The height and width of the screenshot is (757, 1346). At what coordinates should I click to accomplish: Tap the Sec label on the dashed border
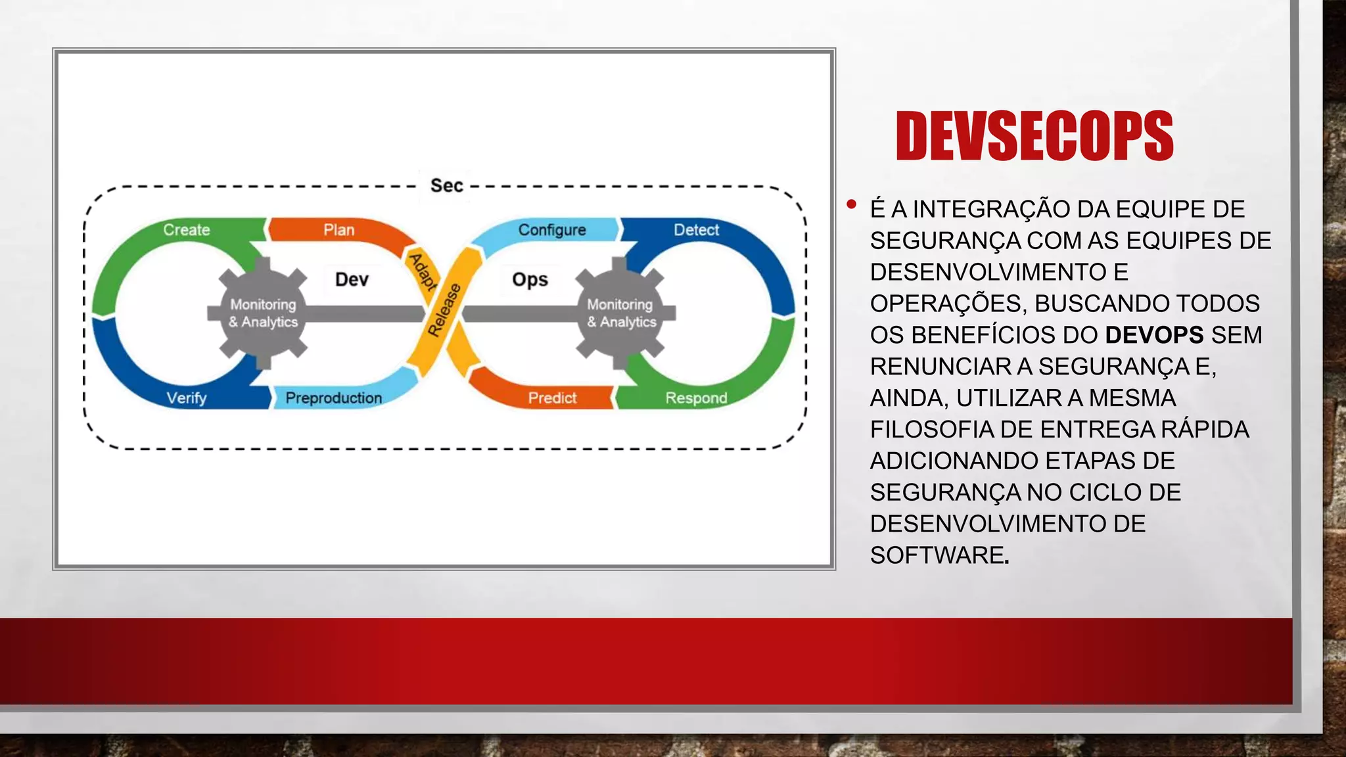click(x=446, y=186)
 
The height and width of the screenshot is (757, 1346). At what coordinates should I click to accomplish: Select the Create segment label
click(x=187, y=230)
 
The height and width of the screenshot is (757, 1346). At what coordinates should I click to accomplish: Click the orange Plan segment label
click(x=338, y=230)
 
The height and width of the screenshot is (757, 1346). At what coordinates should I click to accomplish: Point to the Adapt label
click(x=423, y=271)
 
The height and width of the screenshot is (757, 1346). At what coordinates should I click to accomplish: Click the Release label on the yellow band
click(x=444, y=310)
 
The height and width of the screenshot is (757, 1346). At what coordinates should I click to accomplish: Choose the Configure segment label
click(x=551, y=230)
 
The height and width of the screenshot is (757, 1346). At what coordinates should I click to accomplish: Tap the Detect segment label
click(x=696, y=230)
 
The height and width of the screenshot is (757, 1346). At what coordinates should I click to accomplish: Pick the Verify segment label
click(x=187, y=398)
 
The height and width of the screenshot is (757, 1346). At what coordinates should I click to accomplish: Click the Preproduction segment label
click(x=333, y=398)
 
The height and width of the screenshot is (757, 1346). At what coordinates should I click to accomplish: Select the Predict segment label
click(x=552, y=398)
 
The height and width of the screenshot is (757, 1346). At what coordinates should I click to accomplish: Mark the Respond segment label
click(x=696, y=398)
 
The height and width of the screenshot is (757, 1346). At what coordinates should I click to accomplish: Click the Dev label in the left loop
click(x=352, y=280)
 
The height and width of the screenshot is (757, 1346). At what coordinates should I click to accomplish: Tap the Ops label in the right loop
click(x=530, y=280)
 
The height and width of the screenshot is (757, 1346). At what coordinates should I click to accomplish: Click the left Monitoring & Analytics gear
click(x=263, y=313)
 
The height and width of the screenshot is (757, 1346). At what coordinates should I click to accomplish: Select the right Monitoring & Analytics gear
click(x=621, y=313)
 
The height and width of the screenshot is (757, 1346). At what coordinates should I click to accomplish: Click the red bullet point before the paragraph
click(x=852, y=204)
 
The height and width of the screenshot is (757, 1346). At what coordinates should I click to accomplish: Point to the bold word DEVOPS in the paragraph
click(x=1154, y=335)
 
